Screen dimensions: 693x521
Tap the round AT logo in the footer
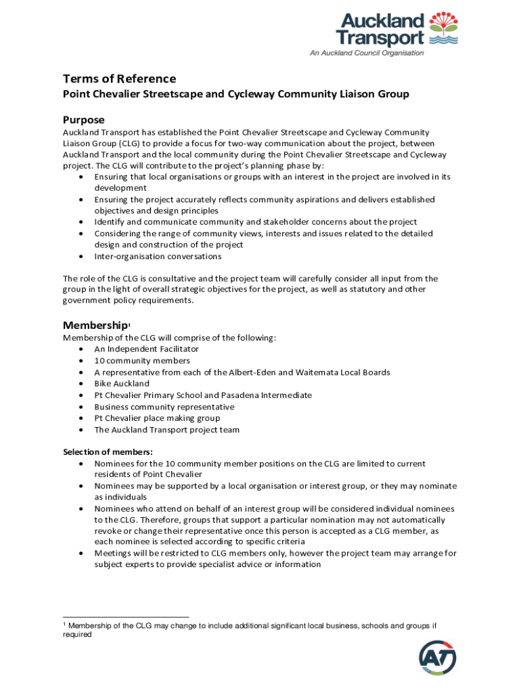point(438,657)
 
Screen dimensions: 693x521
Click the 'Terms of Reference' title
point(119,79)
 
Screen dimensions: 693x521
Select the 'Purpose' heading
point(84,120)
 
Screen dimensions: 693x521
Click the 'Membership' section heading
point(95,325)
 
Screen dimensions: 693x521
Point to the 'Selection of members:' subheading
point(108,452)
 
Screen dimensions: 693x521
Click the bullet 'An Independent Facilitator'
point(146,349)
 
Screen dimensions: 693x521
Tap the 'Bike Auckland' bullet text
point(122,384)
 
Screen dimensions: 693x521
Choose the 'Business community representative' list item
point(164,407)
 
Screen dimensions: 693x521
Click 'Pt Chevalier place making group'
point(157,418)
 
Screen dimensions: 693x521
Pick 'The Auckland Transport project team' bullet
point(166,430)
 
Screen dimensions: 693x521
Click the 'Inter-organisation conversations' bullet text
point(158,256)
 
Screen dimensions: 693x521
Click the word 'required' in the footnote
point(76,635)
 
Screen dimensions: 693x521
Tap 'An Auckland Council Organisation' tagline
point(367,53)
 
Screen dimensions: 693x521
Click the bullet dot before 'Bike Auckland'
point(81,384)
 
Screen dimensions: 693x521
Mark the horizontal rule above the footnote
point(126,617)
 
